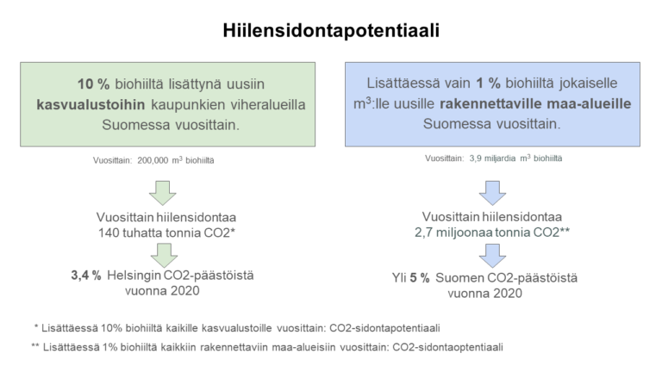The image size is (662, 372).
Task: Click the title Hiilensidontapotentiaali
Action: click(331, 31)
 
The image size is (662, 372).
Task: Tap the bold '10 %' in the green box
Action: click(93, 84)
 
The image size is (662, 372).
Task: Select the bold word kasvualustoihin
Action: click(91, 104)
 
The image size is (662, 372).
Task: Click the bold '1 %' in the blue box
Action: click(489, 83)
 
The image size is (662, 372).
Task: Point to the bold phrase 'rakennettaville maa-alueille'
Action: click(535, 103)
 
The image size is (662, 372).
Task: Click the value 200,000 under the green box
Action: click(153, 161)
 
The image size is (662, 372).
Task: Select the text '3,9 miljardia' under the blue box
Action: click(492, 158)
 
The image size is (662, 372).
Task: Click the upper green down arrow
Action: click(163, 193)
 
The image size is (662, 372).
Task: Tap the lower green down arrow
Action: click(164, 255)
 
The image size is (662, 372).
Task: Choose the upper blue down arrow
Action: click(492, 193)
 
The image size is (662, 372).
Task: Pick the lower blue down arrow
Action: click(492, 256)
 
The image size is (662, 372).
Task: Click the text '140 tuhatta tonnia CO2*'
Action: click(166, 232)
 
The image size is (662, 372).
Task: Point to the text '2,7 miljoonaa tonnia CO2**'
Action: click(492, 232)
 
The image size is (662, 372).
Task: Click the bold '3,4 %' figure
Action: click(86, 276)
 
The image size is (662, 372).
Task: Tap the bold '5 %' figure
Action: click(419, 278)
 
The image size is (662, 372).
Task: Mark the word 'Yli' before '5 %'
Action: click(399, 278)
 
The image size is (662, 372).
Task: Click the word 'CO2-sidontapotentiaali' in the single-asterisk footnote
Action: click(384, 328)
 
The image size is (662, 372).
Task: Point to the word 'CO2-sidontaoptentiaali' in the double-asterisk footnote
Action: click(448, 348)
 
